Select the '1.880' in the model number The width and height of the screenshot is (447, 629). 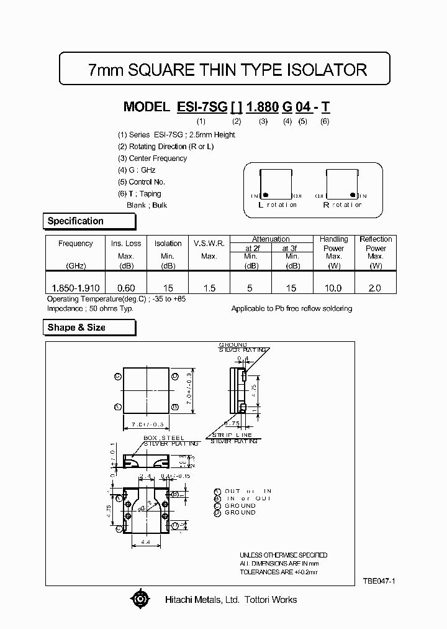point(262,107)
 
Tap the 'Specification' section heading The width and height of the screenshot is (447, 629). point(76,221)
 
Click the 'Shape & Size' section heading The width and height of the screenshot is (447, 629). point(76,328)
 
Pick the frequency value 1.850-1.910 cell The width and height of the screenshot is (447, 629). point(76,288)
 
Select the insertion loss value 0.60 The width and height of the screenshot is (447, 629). point(126,288)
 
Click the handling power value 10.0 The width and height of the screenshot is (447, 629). point(333,288)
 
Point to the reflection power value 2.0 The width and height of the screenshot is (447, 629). point(375,288)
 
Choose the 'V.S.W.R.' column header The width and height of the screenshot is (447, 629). point(209,244)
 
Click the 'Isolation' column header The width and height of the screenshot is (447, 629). point(168,244)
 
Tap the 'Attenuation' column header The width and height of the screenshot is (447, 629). point(271,239)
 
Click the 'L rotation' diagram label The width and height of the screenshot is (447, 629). point(277,204)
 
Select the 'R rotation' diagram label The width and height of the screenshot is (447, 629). point(341,204)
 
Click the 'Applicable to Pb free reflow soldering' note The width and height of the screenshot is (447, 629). point(291,308)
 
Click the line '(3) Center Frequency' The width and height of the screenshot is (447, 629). point(152,158)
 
